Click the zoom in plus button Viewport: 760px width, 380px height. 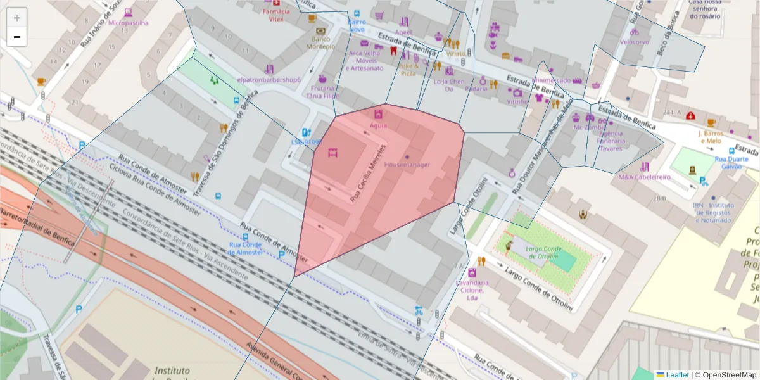point(17,18)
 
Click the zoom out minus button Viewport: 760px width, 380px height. point(17,37)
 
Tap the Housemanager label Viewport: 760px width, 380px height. point(407,165)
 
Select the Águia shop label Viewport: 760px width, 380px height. point(378,125)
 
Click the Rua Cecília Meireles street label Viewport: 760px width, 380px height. point(369,173)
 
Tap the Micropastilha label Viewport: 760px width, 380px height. point(129,23)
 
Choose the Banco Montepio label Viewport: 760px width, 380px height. point(320,42)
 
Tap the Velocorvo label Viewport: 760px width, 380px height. point(634,42)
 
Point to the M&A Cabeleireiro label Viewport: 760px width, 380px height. point(645,177)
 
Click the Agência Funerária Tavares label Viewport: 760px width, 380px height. point(611,141)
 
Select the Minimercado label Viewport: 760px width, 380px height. point(551,80)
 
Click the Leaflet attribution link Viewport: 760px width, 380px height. point(676,375)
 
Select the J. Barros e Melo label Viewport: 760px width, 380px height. point(711,137)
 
